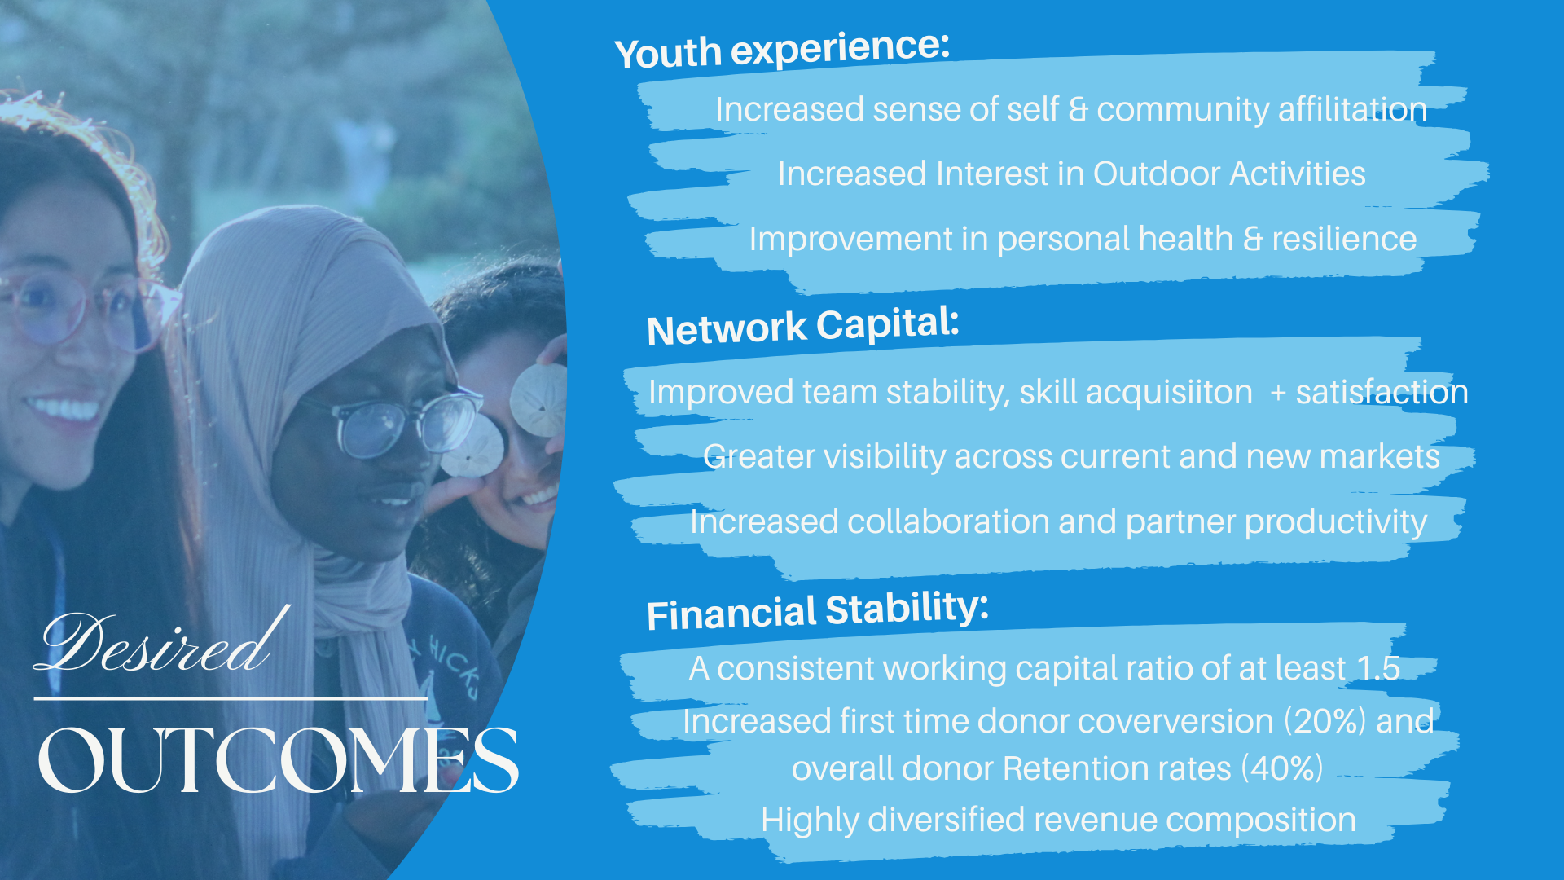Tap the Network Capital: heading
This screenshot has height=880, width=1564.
pyautogui.click(x=803, y=326)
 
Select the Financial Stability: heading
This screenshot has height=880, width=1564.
pyautogui.click(x=818, y=610)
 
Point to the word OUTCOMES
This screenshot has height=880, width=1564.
pyautogui.click(x=278, y=759)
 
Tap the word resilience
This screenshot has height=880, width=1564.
pyautogui.click(x=1344, y=239)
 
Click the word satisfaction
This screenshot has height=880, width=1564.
pyautogui.click(x=1382, y=392)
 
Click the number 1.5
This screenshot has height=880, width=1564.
pyautogui.click(x=1378, y=668)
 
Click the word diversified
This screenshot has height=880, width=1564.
pyautogui.click(x=946, y=820)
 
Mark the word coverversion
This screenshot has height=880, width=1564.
pyautogui.click(x=1176, y=721)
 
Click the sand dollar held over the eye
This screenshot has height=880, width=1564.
pyautogui.click(x=538, y=399)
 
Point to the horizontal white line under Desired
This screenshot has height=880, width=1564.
pyautogui.click(x=231, y=698)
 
